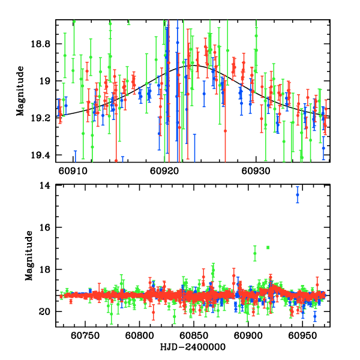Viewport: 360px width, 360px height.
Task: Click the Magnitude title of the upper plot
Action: (20, 91)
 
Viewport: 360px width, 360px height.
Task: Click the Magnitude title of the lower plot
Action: (28, 256)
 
